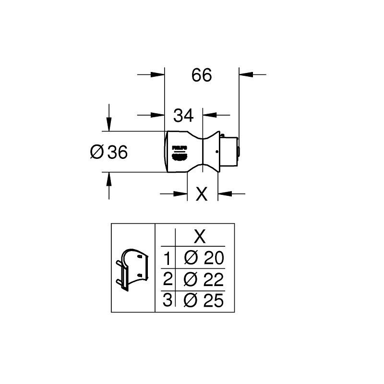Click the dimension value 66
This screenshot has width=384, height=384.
point(202,75)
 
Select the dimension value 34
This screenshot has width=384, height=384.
point(183,115)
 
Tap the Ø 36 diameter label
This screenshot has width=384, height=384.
point(109,153)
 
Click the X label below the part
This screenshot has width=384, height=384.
point(202,194)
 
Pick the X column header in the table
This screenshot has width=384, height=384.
point(199,237)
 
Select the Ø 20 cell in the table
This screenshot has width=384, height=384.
point(204,259)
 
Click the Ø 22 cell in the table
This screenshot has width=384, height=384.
point(204,279)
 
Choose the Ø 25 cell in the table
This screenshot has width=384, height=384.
point(204,300)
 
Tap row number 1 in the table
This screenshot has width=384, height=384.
point(167,259)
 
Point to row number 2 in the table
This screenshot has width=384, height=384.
point(167,279)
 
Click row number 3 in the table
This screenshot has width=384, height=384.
point(167,300)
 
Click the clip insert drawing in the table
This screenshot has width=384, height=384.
point(132,269)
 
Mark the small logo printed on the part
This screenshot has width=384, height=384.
point(179,152)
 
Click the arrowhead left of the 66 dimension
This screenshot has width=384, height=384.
point(158,74)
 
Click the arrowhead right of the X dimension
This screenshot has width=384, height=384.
point(225,193)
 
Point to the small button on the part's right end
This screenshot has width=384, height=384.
point(239,152)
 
